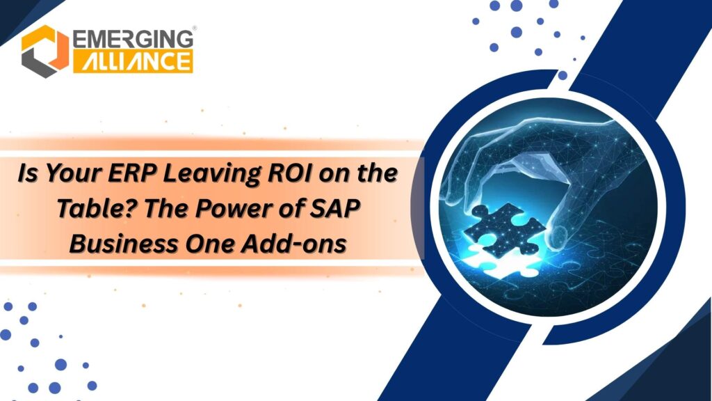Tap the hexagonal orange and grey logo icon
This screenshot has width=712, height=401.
tap(44, 51)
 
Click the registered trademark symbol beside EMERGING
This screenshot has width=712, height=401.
tap(193, 29)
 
